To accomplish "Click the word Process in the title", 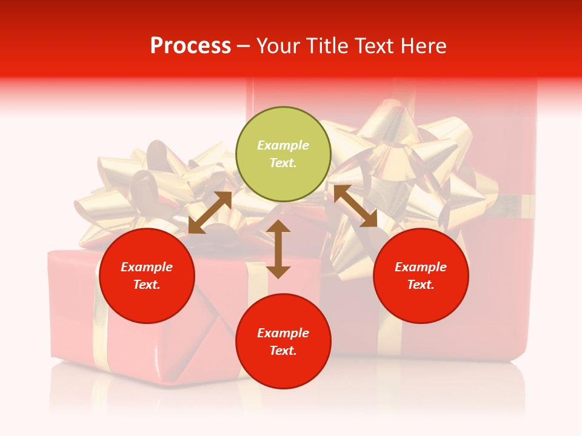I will tap(190, 46).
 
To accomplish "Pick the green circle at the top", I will tap(283, 154).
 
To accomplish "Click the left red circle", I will tap(147, 276).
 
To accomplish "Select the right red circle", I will tap(421, 276).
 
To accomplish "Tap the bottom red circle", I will tap(283, 341).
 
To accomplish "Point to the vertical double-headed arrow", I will tap(278, 249).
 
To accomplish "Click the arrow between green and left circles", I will tap(210, 213).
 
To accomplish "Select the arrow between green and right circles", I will tap(355, 206).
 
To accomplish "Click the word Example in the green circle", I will tap(283, 145).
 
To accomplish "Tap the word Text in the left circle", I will tap(147, 285).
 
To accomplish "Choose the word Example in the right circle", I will tap(421, 267).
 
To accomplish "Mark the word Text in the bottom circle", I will tap(283, 351).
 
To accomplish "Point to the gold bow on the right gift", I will tap(412, 163).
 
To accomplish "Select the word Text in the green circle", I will tap(283, 163).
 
